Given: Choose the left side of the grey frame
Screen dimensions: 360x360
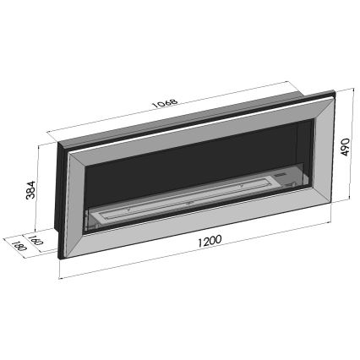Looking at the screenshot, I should (73, 203).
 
